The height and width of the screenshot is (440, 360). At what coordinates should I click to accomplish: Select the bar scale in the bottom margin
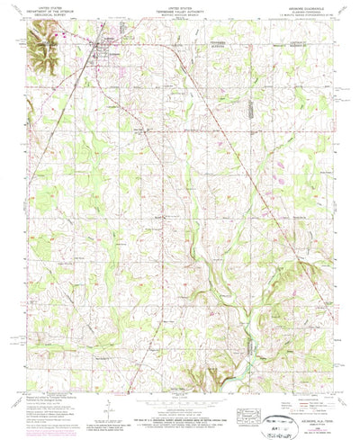pos(179,406)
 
